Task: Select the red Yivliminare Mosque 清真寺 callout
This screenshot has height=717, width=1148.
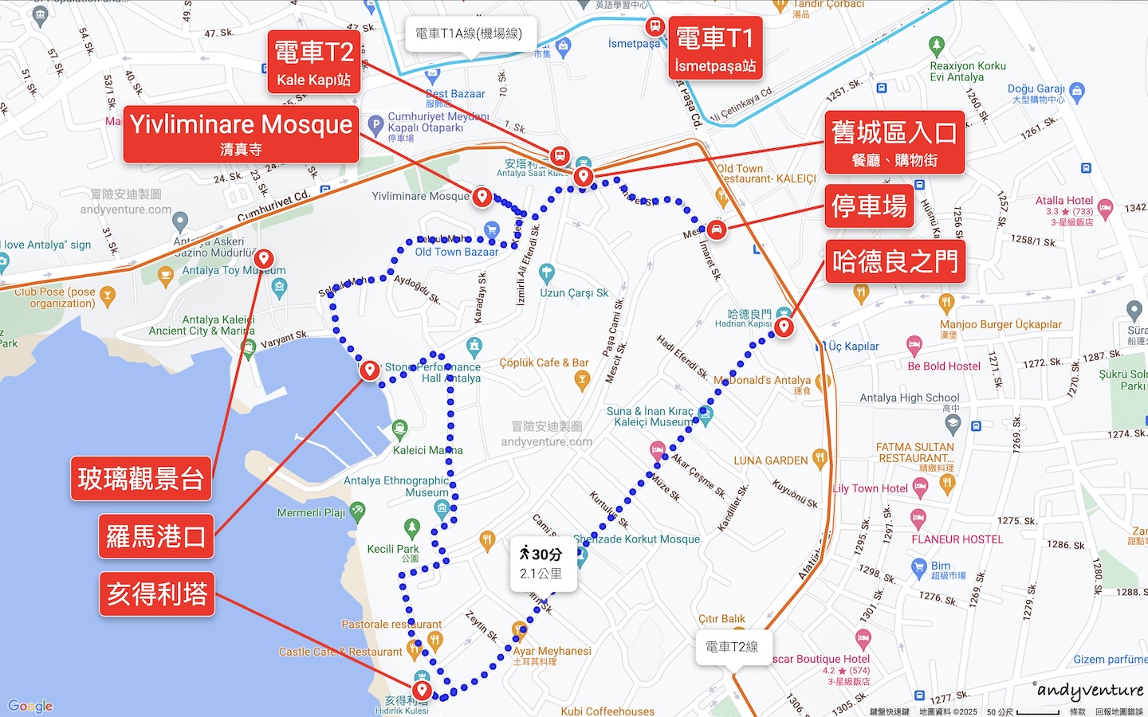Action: (241, 133)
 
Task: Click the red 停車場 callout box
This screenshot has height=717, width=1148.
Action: (869, 206)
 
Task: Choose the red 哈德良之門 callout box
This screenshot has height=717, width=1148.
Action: (894, 261)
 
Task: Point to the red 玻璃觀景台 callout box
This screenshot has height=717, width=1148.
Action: (141, 479)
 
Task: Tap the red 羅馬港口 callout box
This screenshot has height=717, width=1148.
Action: (156, 536)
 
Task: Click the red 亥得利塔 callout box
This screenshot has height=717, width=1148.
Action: (157, 594)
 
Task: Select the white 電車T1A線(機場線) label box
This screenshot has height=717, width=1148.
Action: (469, 33)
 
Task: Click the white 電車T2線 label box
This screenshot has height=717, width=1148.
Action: (732, 647)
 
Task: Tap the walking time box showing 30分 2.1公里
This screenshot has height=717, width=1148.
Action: (541, 563)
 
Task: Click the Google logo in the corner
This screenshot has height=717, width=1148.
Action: (30, 706)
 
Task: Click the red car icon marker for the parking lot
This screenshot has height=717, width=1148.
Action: (716, 230)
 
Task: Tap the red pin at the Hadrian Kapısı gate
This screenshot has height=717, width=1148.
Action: (784, 327)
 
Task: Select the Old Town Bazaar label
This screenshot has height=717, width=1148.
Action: (456, 252)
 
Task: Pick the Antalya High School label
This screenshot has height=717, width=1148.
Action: (909, 398)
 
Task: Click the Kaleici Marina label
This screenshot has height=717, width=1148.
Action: (427, 450)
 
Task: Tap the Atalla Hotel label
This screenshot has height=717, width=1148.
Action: (1064, 201)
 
